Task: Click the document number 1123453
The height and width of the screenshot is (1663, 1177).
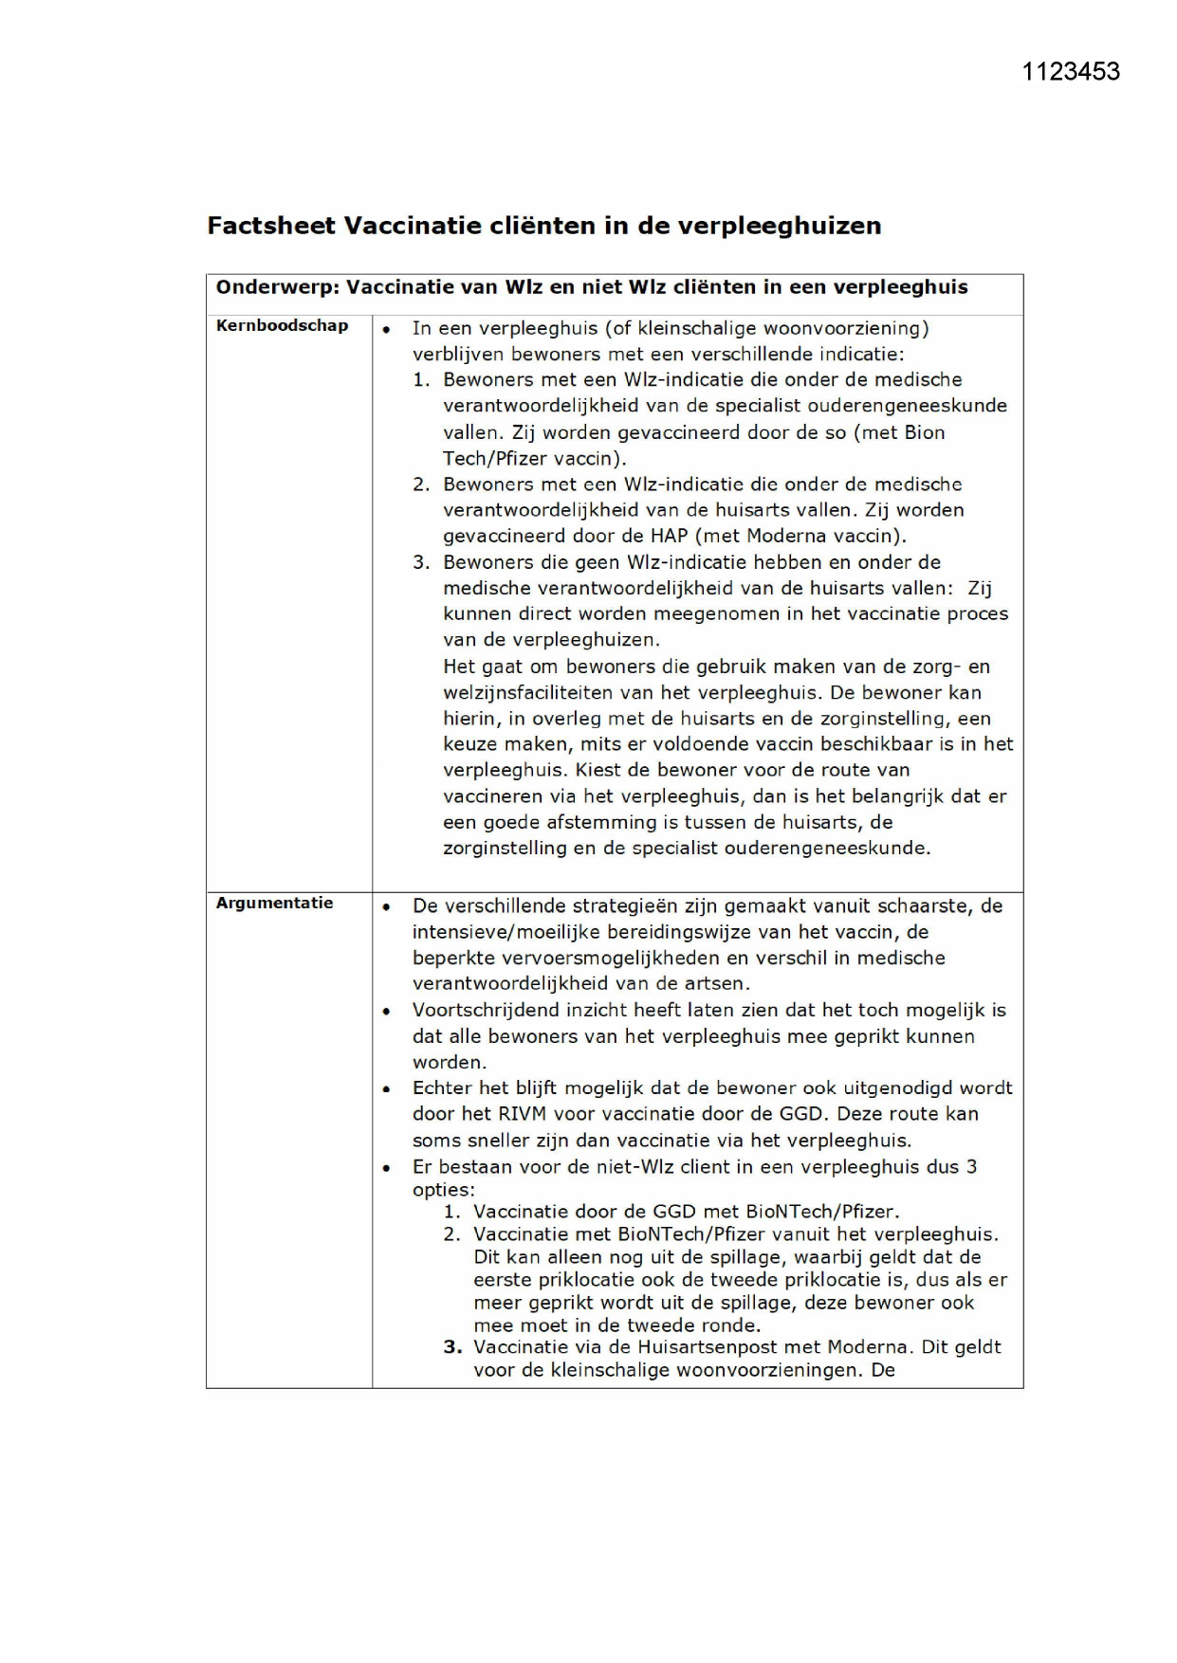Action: (1071, 72)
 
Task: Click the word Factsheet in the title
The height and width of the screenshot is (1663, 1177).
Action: (270, 226)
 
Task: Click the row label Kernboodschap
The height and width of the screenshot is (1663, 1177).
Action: (282, 326)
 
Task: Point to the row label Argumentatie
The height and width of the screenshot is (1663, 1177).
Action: (274, 903)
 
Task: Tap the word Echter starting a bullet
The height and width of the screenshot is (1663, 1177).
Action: (441, 1087)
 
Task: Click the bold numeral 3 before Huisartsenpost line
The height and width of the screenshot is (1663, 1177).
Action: (451, 1347)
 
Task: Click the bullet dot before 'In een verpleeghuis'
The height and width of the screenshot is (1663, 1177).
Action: (386, 330)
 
